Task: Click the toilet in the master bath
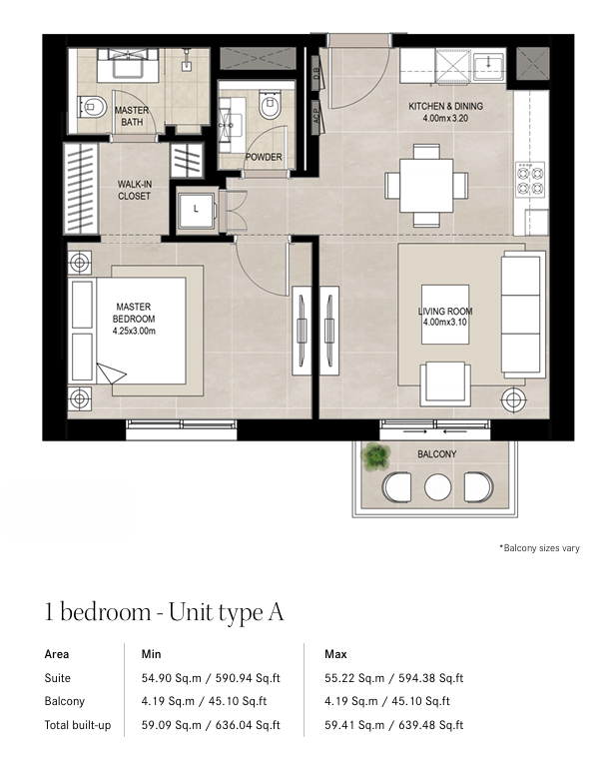92,107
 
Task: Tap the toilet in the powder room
270,105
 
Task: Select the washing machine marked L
197,210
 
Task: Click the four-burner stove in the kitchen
530,180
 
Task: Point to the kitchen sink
488,65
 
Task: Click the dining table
426,186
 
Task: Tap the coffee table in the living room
445,315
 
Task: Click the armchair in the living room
445,384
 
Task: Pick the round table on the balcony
437,487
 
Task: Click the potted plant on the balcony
376,456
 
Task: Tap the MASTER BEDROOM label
134,319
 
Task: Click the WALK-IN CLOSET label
135,190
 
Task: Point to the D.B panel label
315,73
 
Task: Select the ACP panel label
315,117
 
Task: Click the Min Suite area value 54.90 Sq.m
171,678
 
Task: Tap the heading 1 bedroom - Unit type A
164,612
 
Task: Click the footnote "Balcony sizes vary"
539,548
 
